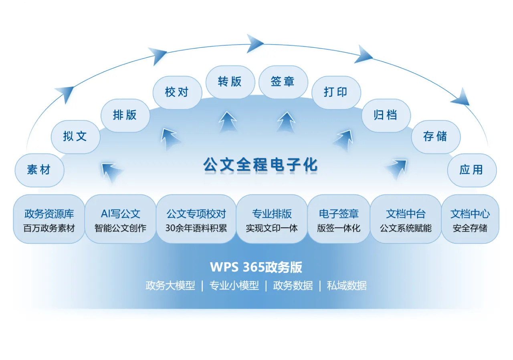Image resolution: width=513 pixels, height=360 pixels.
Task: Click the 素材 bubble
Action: click(x=39, y=170)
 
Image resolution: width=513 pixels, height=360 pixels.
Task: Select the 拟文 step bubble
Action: click(x=75, y=137)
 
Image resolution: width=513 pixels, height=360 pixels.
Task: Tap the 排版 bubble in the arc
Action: click(x=125, y=115)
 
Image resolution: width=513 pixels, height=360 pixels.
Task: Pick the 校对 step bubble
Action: click(x=177, y=93)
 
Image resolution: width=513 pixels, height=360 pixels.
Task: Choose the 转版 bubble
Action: click(x=230, y=82)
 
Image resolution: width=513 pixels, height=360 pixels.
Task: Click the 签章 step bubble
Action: click(x=283, y=82)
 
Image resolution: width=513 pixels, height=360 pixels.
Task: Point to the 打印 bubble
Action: click(x=336, y=93)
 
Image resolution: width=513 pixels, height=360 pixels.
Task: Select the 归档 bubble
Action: click(x=386, y=115)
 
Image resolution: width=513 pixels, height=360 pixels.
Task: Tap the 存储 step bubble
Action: click(x=435, y=137)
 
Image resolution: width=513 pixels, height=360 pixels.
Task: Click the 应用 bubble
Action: click(x=471, y=170)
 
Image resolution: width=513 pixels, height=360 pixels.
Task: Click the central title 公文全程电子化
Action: click(x=261, y=165)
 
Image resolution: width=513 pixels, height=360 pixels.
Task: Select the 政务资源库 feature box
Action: click(x=49, y=220)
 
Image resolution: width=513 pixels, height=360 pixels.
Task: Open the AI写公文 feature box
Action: click(x=120, y=220)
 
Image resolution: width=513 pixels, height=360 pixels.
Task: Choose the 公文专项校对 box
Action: click(x=196, y=220)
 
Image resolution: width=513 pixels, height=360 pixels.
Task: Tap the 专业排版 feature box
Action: click(x=272, y=220)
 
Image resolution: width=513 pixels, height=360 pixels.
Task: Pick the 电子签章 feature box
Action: click(x=339, y=220)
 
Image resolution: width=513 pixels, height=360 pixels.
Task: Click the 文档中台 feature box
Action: click(x=406, y=220)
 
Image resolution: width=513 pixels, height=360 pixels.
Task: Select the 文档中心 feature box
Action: click(x=470, y=220)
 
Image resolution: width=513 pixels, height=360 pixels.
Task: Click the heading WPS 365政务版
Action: click(x=256, y=267)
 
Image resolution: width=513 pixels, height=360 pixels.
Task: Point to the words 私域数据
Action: click(x=347, y=286)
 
